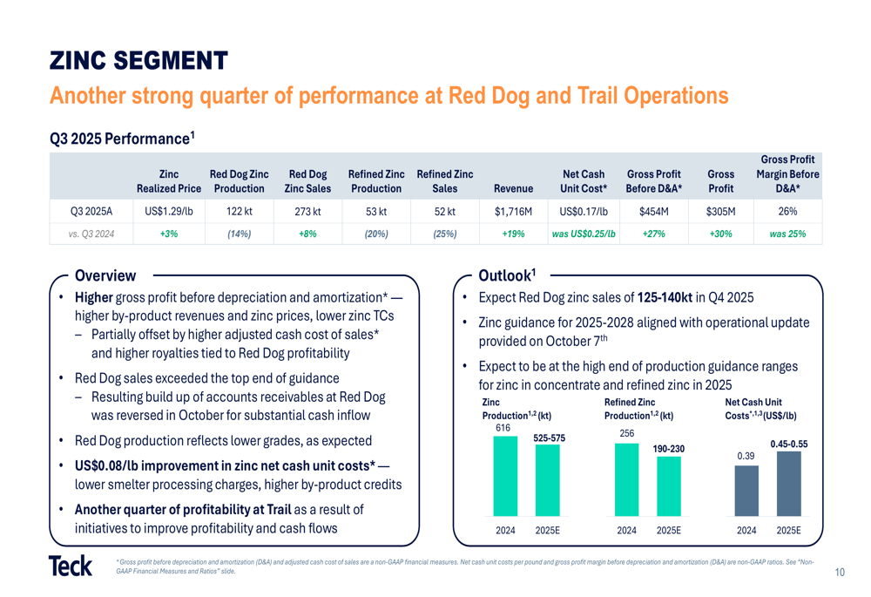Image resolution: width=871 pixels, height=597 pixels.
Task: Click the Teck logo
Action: (71, 566)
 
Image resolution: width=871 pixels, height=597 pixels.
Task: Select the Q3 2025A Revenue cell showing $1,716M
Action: (513, 211)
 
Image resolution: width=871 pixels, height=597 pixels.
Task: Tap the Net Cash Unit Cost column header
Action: (584, 181)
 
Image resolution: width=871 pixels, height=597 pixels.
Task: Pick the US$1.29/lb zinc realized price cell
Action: (168, 211)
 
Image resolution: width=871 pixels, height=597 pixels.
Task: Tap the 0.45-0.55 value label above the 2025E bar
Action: (789, 444)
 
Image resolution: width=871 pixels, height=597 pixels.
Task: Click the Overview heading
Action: (105, 276)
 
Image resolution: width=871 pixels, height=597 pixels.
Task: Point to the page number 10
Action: (840, 573)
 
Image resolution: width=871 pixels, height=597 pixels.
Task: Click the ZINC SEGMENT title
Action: (138, 61)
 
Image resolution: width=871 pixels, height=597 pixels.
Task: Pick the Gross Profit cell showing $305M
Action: (720, 211)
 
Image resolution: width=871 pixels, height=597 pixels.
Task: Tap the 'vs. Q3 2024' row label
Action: (90, 234)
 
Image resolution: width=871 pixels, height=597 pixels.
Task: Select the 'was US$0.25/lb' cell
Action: (584, 234)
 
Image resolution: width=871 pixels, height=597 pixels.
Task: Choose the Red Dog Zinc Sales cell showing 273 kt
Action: (307, 211)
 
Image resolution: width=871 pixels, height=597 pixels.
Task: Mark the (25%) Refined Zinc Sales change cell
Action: (444, 234)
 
